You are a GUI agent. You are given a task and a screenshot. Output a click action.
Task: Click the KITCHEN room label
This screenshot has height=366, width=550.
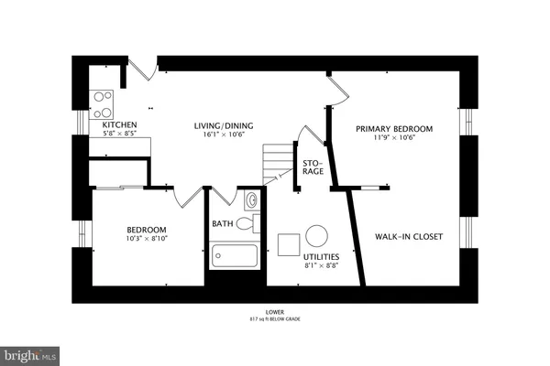[120, 124]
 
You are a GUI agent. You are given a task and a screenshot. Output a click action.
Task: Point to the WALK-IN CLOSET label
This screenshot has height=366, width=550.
[409, 236]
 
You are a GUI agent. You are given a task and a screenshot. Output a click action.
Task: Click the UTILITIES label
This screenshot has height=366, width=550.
[323, 259]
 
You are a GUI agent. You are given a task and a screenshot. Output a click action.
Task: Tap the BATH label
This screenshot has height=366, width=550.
[223, 222]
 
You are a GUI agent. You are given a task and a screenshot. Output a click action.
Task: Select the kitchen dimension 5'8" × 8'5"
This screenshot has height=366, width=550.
[120, 135]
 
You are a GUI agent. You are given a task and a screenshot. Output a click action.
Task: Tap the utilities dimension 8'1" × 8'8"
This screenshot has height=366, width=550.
[323, 269]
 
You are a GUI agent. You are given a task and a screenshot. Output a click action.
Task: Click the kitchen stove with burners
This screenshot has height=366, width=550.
[102, 98]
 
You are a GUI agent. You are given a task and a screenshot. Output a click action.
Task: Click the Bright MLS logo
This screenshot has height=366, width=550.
[30, 352]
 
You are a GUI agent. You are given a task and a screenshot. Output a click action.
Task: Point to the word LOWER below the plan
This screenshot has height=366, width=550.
[274, 311]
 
